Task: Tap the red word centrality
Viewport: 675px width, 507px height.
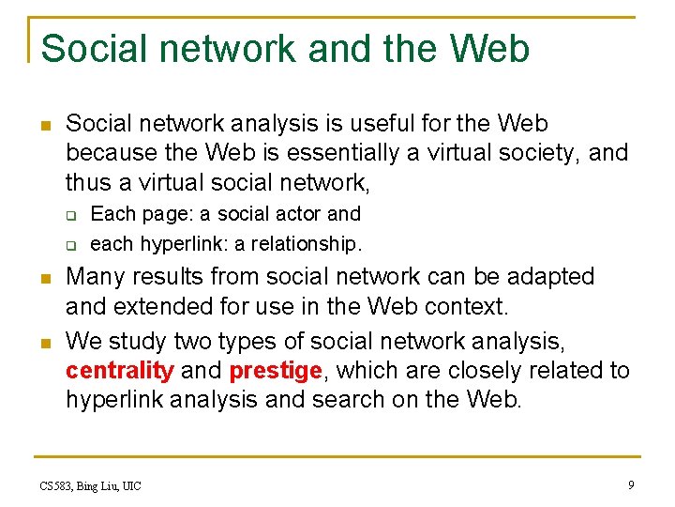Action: click(x=119, y=371)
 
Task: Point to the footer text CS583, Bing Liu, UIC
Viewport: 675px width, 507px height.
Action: click(x=91, y=485)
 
